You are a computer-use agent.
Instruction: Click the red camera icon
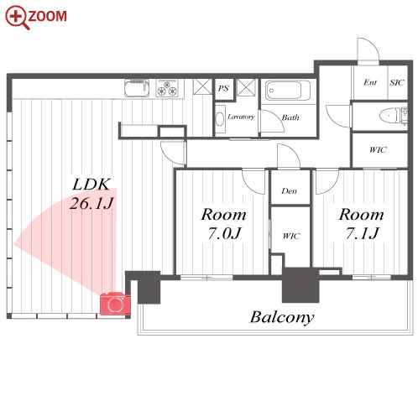(115, 304)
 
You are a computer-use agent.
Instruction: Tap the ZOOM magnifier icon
(18, 18)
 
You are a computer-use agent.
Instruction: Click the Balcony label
(282, 317)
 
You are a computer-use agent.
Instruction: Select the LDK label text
(91, 185)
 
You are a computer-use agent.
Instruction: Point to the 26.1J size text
(91, 203)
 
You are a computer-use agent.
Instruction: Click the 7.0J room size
(224, 233)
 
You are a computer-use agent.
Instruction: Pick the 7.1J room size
(362, 233)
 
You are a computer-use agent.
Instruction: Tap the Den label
(290, 191)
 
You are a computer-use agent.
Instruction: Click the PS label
(223, 89)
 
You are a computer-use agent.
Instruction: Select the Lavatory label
(241, 117)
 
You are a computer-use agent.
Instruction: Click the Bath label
(290, 117)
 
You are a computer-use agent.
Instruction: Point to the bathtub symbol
(287, 91)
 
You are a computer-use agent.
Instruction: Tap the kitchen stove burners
(167, 88)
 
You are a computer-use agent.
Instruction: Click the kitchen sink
(137, 88)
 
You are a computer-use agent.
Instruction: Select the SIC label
(397, 83)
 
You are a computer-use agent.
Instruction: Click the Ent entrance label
(370, 83)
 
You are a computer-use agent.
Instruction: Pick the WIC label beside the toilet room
(378, 150)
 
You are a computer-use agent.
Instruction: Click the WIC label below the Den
(291, 237)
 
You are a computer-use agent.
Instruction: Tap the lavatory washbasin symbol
(221, 119)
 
